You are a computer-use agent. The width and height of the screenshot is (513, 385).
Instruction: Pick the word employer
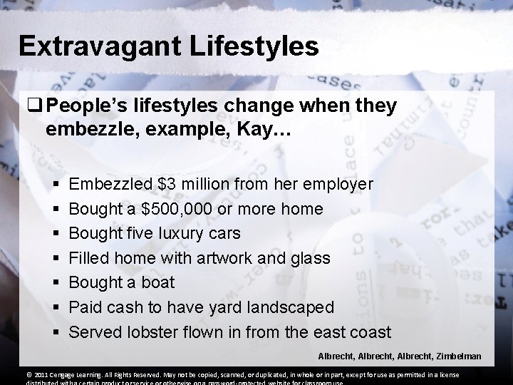pos(337,185)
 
